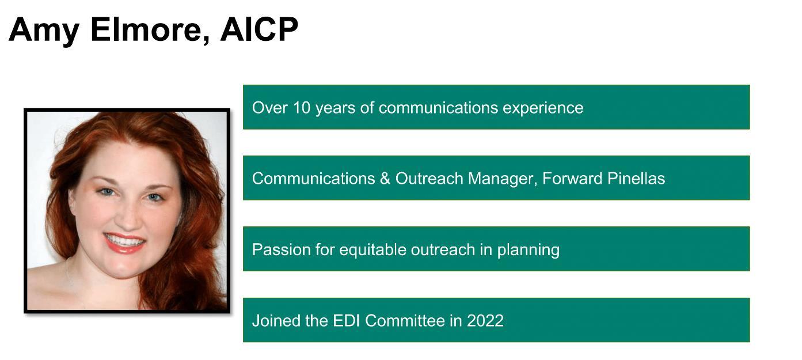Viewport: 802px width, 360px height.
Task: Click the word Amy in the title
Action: pos(43,31)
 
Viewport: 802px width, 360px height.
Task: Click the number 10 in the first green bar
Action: pos(302,108)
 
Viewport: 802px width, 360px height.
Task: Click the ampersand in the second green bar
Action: pos(385,179)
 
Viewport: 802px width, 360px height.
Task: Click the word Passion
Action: pos(281,249)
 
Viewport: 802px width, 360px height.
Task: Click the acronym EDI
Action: pos(346,321)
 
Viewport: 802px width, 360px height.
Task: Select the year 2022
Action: pos(485,321)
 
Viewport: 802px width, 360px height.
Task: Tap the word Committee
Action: pos(405,321)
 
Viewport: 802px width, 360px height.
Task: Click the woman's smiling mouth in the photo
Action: pos(124,242)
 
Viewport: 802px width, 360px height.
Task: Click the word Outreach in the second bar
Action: pos(429,179)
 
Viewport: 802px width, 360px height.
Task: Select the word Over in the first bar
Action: pos(270,108)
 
